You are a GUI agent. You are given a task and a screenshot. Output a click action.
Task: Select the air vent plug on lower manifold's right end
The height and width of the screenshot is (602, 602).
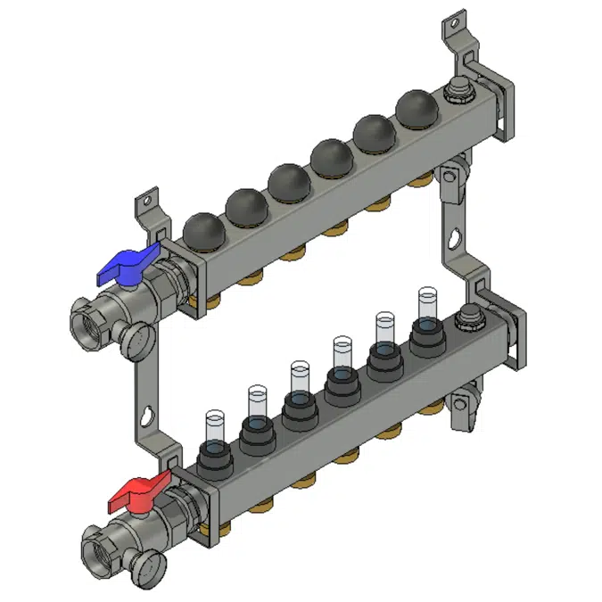(467, 317)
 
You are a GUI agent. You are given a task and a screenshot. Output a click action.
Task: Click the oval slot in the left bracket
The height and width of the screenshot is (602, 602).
(146, 416)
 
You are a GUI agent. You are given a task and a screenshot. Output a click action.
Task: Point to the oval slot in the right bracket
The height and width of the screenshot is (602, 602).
(455, 240)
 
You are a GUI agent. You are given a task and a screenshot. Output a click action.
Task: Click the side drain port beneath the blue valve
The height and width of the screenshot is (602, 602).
(136, 337)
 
